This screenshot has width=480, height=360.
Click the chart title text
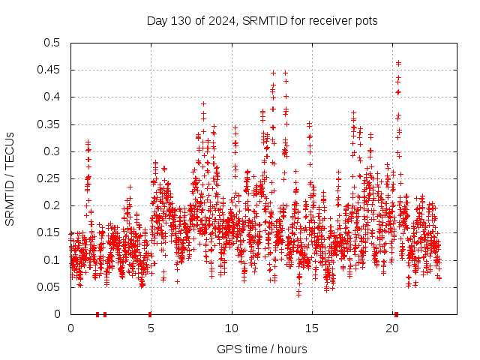[262, 20]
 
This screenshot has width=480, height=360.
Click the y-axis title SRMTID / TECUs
[10, 179]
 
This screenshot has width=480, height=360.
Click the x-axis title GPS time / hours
[262, 349]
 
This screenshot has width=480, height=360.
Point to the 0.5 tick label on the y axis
[51, 43]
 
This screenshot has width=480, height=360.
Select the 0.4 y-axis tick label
[51, 97]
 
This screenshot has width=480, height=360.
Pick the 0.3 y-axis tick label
[51, 151]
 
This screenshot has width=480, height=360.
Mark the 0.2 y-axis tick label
[51, 205]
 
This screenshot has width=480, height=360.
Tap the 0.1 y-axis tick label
[51, 260]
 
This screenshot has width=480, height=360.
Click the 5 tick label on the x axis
[151, 328]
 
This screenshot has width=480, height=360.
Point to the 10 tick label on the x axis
[232, 328]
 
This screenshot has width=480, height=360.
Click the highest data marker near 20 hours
[398, 63]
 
